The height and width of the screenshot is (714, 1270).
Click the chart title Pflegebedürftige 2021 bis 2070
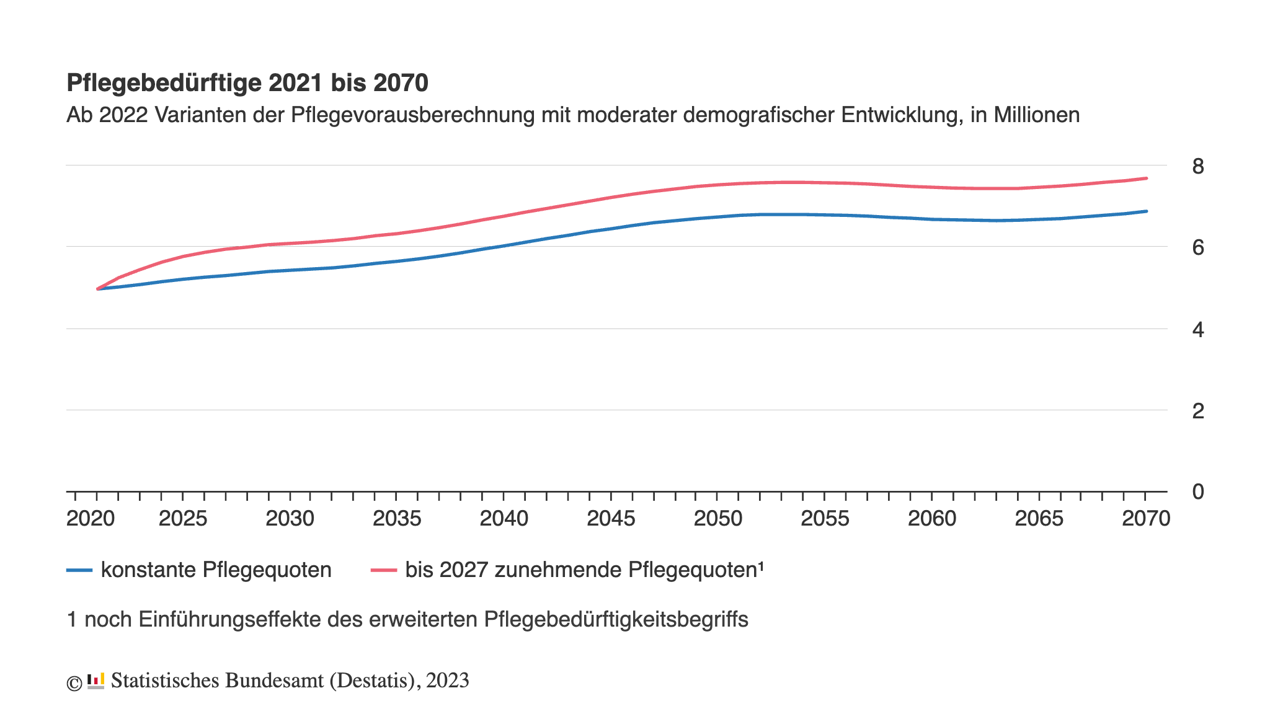tap(247, 83)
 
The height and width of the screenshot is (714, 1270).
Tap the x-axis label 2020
tap(91, 518)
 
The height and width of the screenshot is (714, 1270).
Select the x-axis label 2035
tap(397, 518)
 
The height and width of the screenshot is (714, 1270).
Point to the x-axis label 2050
tap(717, 518)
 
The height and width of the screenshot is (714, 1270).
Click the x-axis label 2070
tap(1145, 518)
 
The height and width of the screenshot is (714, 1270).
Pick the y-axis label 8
tap(1197, 166)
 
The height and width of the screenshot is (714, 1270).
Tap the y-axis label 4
tap(1197, 329)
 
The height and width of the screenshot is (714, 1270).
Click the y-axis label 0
tap(1197, 491)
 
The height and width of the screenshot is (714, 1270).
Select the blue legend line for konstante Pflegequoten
tap(79, 570)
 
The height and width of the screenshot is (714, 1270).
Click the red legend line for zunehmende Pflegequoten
tap(384, 570)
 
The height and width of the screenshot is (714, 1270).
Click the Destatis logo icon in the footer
tap(95, 681)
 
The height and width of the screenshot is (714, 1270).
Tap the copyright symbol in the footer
tap(74, 683)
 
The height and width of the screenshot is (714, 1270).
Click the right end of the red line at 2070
tap(1146, 178)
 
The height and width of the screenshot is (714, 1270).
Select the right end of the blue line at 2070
tap(1146, 211)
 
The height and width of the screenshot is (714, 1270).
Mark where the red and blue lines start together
tap(98, 289)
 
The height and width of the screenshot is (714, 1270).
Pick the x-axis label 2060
tap(931, 518)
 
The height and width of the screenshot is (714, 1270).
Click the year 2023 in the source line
tap(447, 681)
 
